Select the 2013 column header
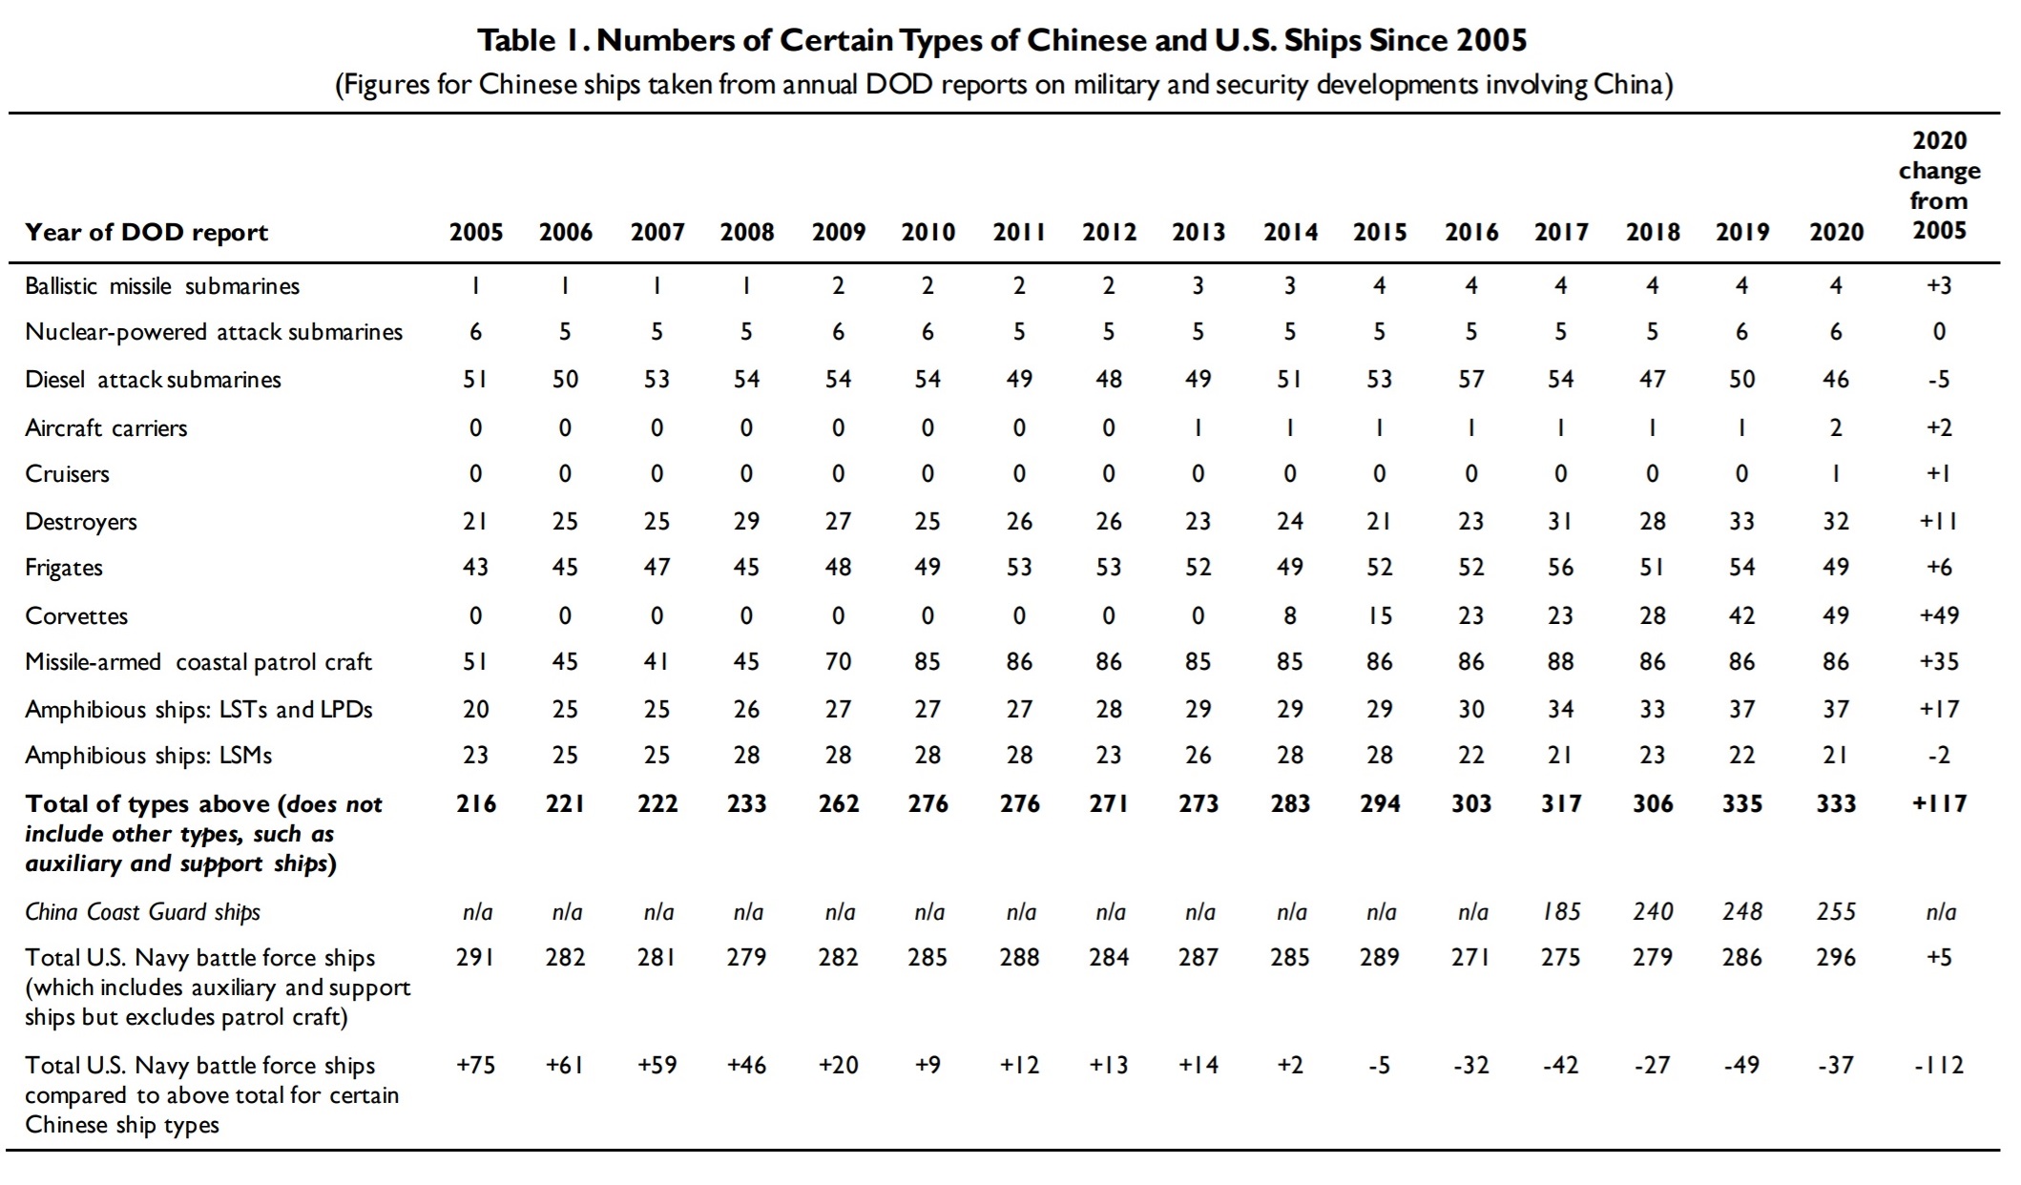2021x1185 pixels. pos(1198,232)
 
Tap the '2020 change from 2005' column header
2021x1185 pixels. pos(1940,185)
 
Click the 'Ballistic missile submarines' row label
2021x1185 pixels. pos(162,286)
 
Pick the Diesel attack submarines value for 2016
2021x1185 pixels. pos(1471,379)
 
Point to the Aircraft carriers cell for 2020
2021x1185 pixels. pos(1836,427)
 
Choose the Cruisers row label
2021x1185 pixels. pos(68,474)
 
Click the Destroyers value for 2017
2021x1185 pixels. pos(1561,521)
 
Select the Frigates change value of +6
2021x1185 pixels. pos(1939,567)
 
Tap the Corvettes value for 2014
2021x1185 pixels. pos(1290,615)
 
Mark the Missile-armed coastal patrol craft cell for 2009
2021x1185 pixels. pos(838,661)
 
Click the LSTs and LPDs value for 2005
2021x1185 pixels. pos(475,709)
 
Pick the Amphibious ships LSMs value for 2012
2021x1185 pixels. pos(1109,755)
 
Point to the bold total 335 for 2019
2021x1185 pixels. pos(1742,803)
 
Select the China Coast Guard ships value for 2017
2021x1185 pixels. pos(1561,912)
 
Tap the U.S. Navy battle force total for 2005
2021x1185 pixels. pos(475,957)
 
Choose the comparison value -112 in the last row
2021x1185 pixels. pos(1939,1065)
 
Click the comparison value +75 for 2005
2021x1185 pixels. pos(475,1065)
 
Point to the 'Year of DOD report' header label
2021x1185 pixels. pos(147,233)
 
